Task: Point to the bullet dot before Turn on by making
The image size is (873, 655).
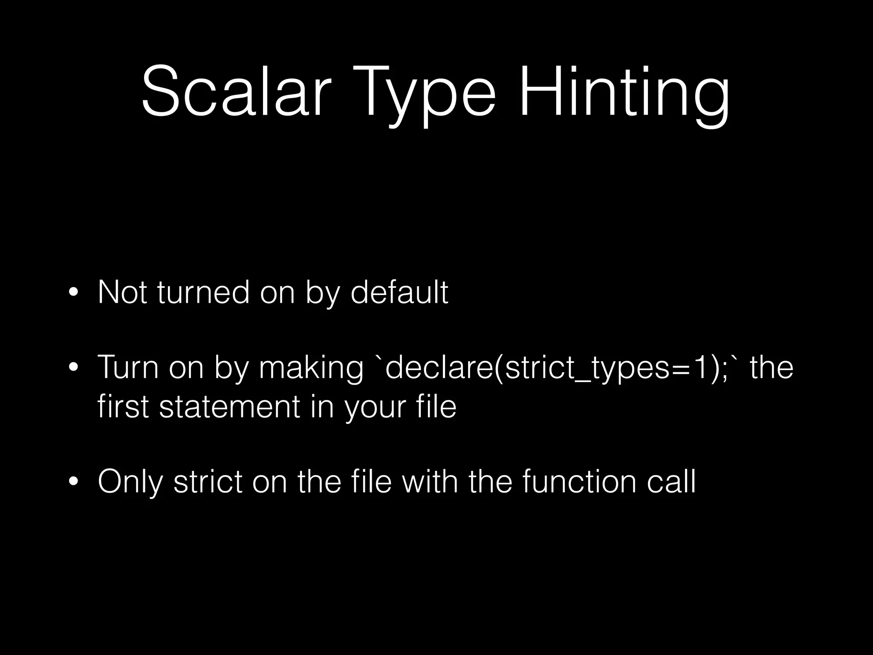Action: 73,368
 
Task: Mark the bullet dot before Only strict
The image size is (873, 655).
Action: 73,481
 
